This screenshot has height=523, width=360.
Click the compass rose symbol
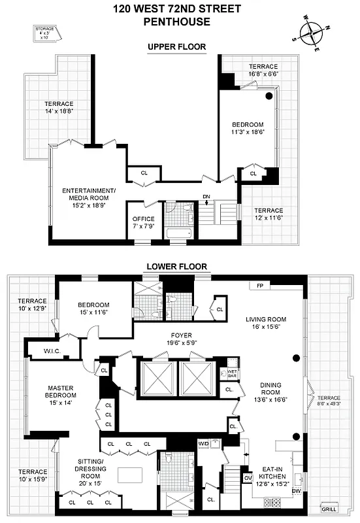pos(311,33)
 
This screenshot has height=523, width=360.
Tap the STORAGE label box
pos(45,33)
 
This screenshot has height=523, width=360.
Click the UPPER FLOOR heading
pos(176,47)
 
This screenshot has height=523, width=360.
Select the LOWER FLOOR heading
pos(176,267)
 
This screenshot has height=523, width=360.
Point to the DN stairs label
pos(206,197)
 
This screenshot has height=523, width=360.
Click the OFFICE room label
pos(143,219)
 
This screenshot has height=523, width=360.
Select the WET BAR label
pos(230,375)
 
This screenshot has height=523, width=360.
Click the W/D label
pos(203,444)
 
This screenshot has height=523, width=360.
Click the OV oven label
pos(248,478)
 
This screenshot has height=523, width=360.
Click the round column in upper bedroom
pos(269,97)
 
